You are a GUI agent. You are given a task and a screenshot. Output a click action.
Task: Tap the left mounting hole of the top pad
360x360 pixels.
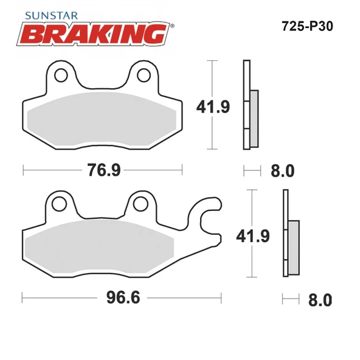61,75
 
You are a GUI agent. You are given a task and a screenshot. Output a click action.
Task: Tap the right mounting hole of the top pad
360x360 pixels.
144,75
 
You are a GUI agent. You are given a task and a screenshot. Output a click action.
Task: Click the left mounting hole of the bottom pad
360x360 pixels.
60,202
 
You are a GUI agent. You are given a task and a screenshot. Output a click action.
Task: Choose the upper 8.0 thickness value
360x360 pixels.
282,171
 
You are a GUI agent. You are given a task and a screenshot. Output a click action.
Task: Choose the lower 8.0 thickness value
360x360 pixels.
319,299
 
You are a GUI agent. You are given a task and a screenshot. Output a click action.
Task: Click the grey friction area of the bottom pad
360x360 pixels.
100,249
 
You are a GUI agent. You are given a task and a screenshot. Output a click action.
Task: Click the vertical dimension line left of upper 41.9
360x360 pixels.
211,105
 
